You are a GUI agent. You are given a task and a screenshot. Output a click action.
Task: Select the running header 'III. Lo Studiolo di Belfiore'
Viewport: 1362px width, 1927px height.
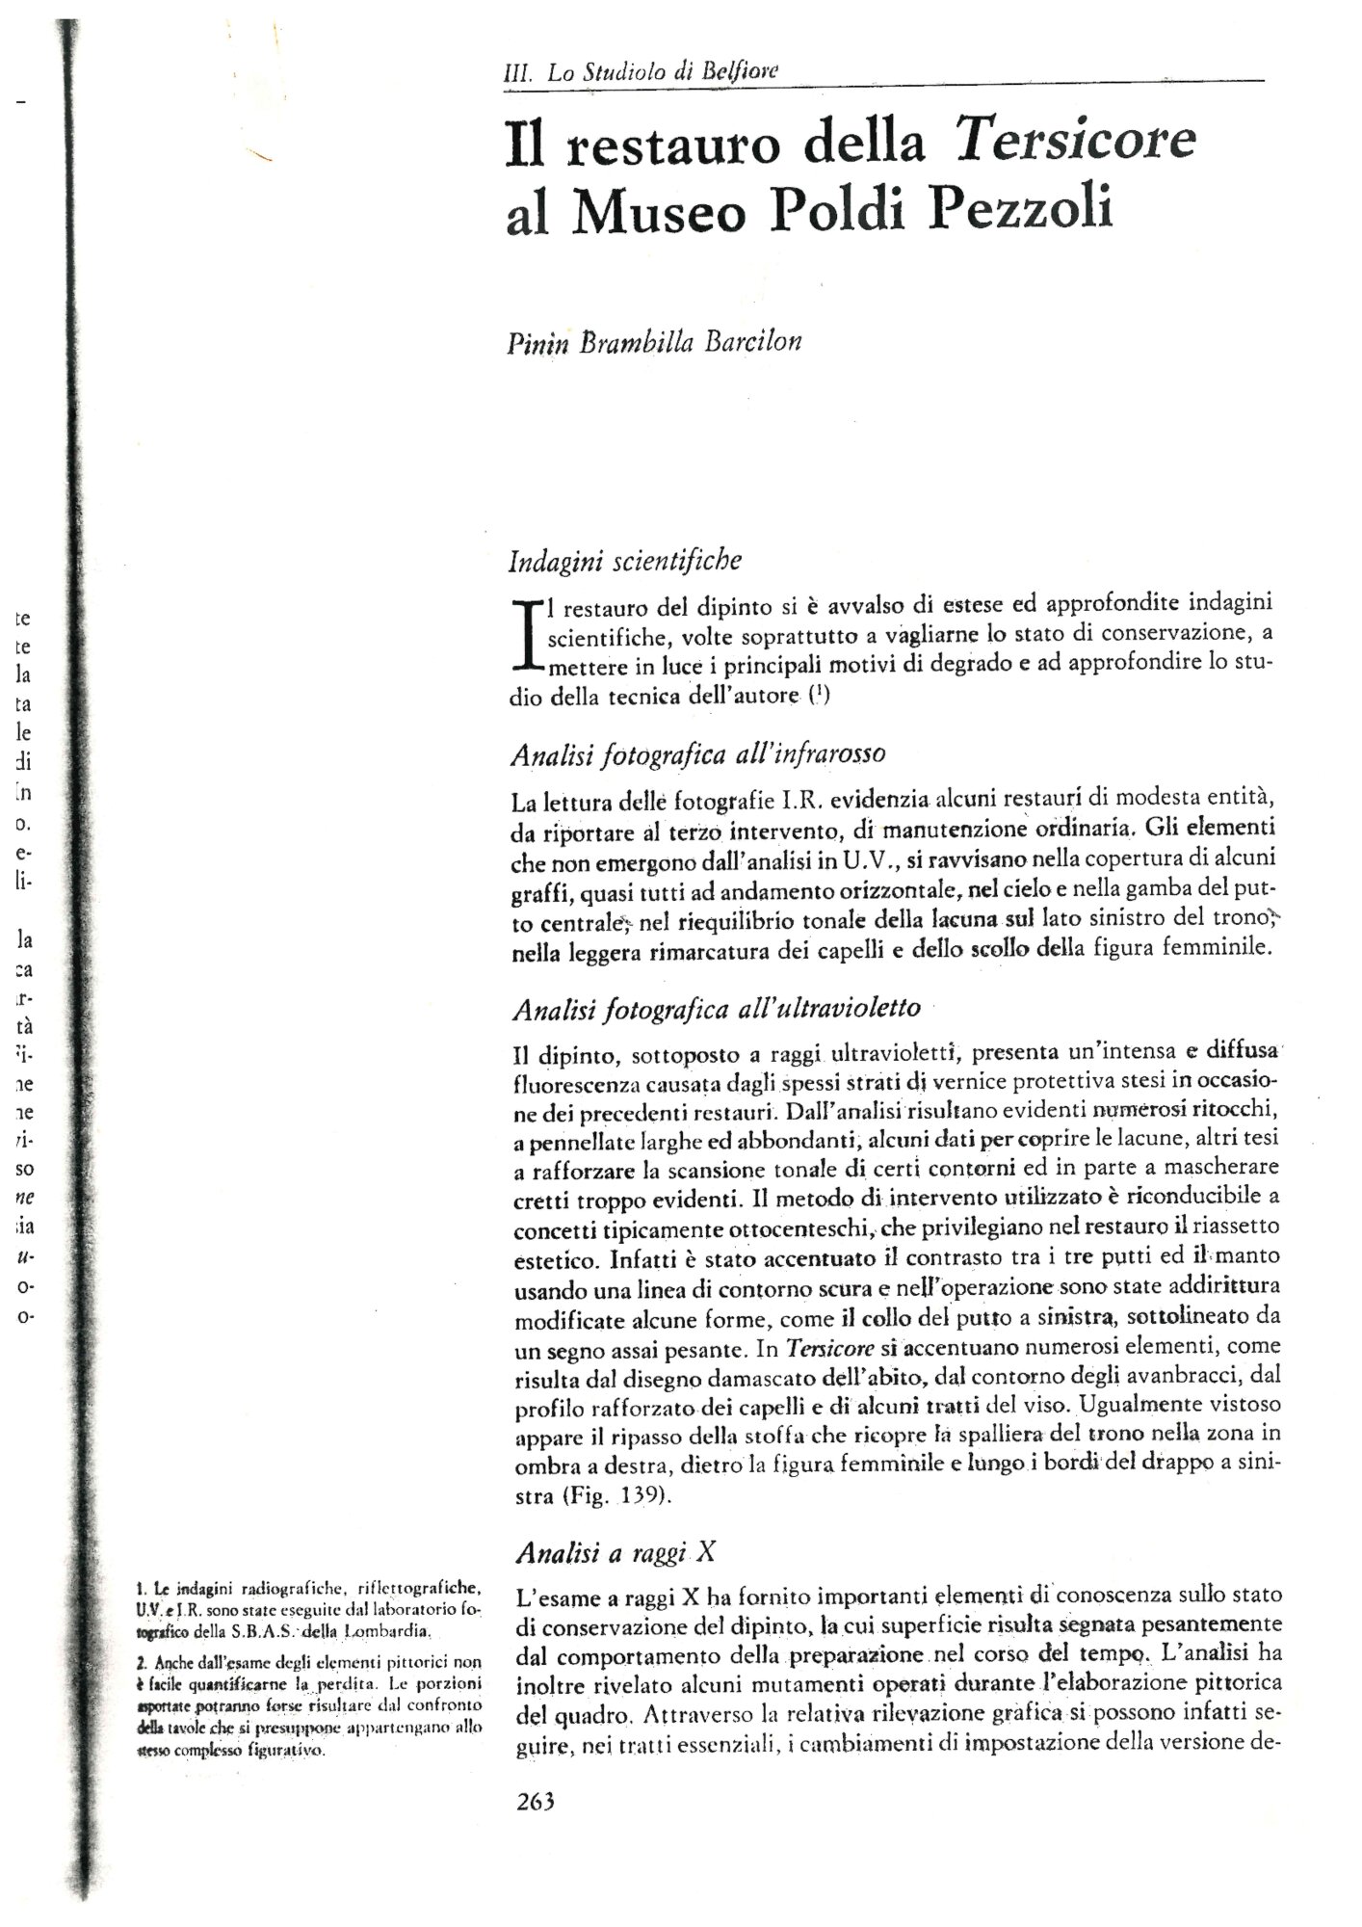click(642, 71)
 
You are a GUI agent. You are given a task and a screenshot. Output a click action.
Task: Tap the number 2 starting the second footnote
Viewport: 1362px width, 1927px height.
click(141, 1661)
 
